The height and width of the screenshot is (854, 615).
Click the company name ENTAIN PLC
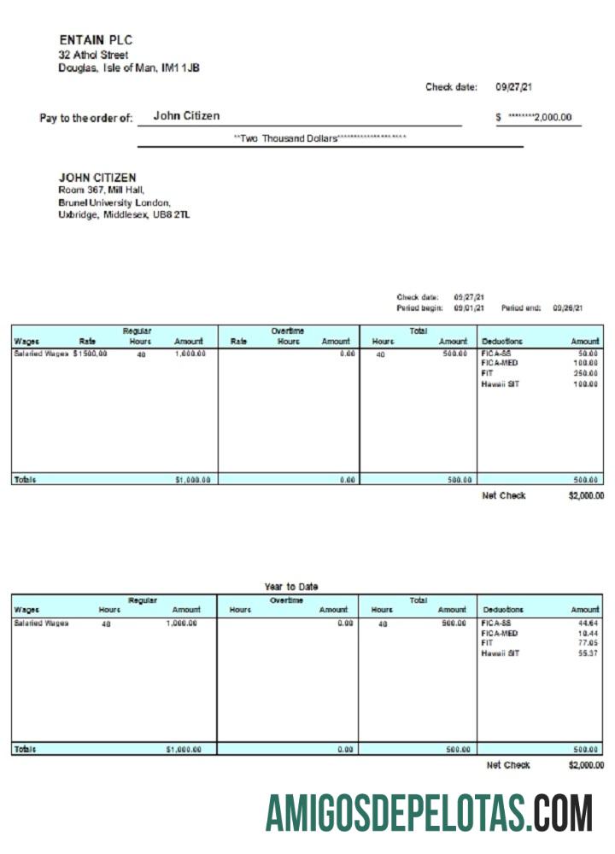pyautogui.click(x=96, y=40)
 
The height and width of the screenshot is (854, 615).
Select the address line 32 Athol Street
pyautogui.click(x=93, y=55)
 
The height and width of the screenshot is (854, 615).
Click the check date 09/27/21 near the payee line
pyautogui.click(x=516, y=87)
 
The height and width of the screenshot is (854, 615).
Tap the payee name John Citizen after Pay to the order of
pyautogui.click(x=186, y=115)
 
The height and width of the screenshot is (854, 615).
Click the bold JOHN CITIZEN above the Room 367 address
pyautogui.click(x=97, y=178)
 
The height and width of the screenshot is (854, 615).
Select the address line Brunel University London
pyautogui.click(x=114, y=202)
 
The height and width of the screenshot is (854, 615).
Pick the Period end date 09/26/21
pyautogui.click(x=567, y=307)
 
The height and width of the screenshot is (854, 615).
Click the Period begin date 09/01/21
pyautogui.click(x=469, y=307)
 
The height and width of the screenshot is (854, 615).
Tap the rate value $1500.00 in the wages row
pyautogui.click(x=91, y=353)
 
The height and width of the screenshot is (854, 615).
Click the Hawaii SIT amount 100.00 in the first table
pyautogui.click(x=585, y=383)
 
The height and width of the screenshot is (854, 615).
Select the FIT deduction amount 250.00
pyautogui.click(x=585, y=373)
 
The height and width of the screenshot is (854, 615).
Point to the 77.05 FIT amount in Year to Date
pyautogui.click(x=587, y=643)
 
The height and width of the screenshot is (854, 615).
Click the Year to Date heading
pyautogui.click(x=291, y=587)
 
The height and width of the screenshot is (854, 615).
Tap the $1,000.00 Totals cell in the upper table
pyautogui.click(x=192, y=480)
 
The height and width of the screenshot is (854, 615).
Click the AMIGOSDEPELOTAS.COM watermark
pyautogui.click(x=428, y=813)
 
